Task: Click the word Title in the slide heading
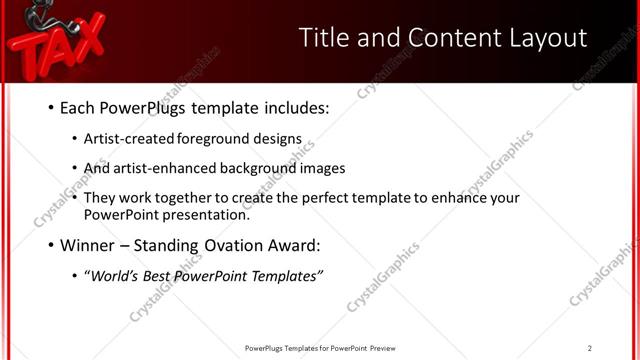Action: [x=325, y=38]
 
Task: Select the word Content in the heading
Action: [x=436, y=38]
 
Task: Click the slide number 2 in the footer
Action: [x=589, y=348]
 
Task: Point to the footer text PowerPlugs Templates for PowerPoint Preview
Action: [x=320, y=348]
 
